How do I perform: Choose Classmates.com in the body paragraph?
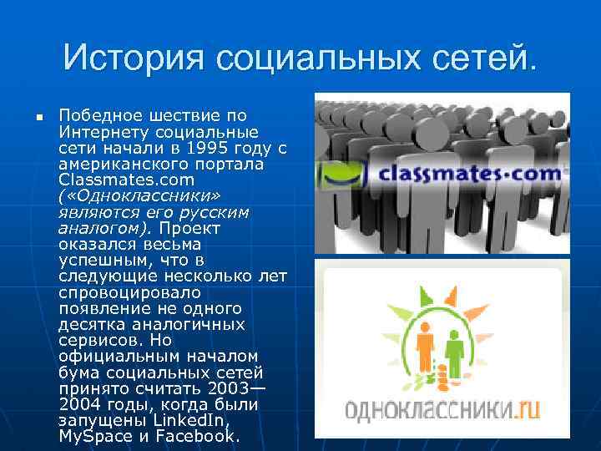(127, 180)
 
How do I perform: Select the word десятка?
(92, 324)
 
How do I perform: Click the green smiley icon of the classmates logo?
(342, 175)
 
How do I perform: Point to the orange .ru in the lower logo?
(529, 409)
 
